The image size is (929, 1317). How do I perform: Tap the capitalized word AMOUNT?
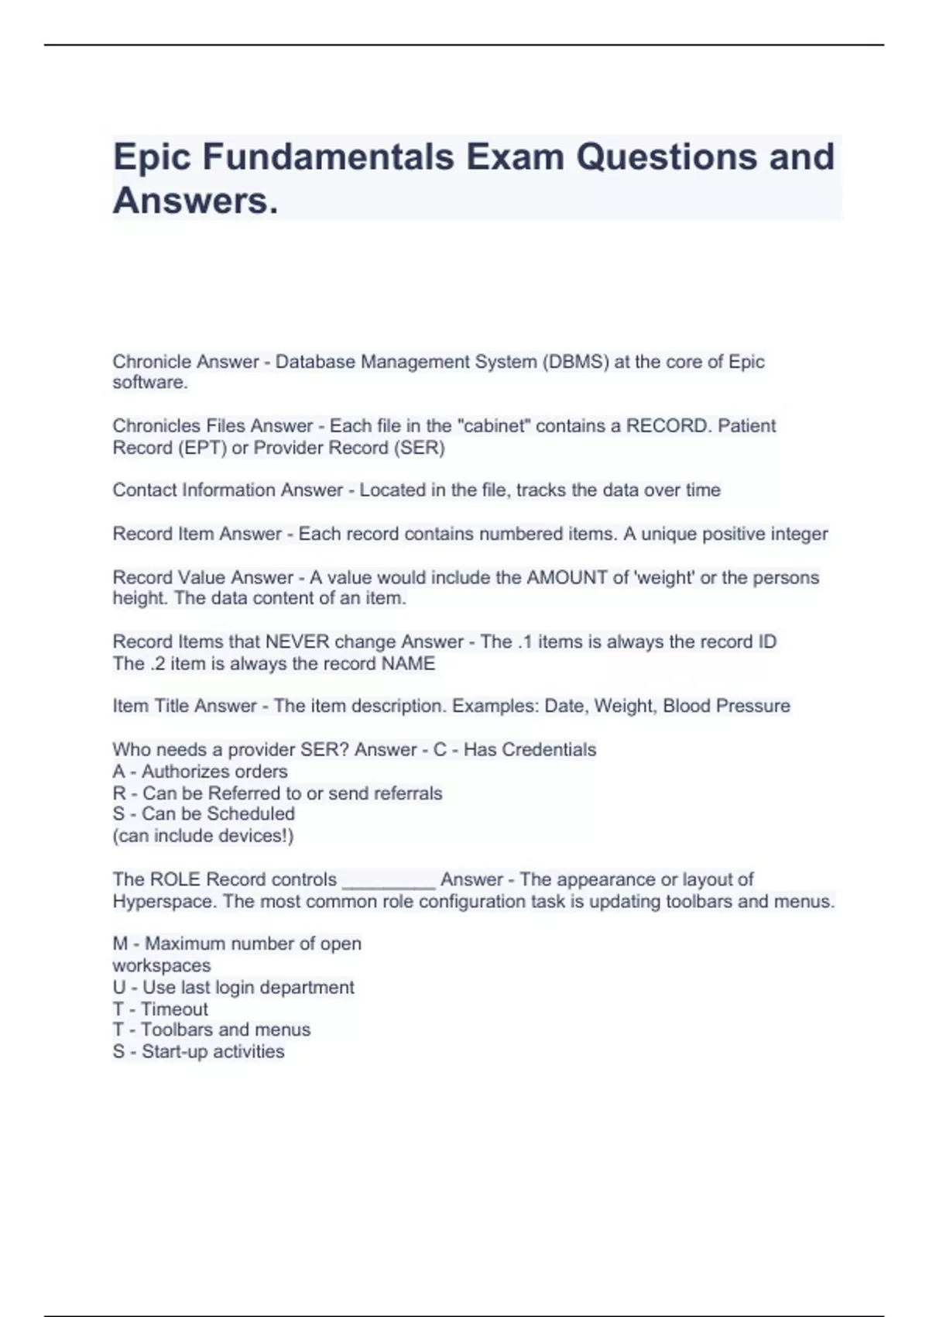click(567, 577)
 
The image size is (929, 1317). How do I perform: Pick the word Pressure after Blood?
click(755, 706)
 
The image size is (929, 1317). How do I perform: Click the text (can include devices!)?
click(203, 835)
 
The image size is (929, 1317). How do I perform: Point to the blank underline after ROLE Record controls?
click(389, 882)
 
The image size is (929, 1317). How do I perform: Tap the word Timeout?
click(175, 1009)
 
